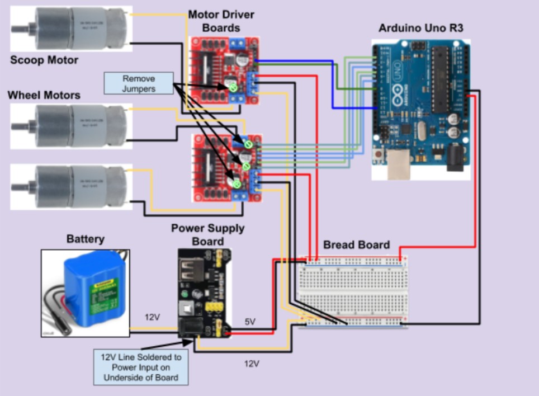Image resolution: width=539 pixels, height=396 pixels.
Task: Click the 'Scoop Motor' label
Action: (x=44, y=60)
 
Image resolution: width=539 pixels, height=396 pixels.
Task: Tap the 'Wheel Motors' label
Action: (x=44, y=95)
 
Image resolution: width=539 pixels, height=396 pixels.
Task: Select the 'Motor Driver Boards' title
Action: (x=220, y=21)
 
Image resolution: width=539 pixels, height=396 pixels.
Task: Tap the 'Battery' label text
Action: (x=85, y=239)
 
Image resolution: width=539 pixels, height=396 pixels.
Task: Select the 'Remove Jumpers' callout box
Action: (x=139, y=83)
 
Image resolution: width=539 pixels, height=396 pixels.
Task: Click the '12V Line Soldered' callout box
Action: (x=141, y=367)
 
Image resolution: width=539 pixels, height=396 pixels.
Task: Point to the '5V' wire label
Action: (x=251, y=322)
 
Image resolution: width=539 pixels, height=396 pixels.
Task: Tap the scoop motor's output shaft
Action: (x=21, y=27)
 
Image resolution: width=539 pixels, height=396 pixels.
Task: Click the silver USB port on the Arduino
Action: (x=398, y=166)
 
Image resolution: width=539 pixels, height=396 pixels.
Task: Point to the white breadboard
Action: (x=353, y=291)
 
